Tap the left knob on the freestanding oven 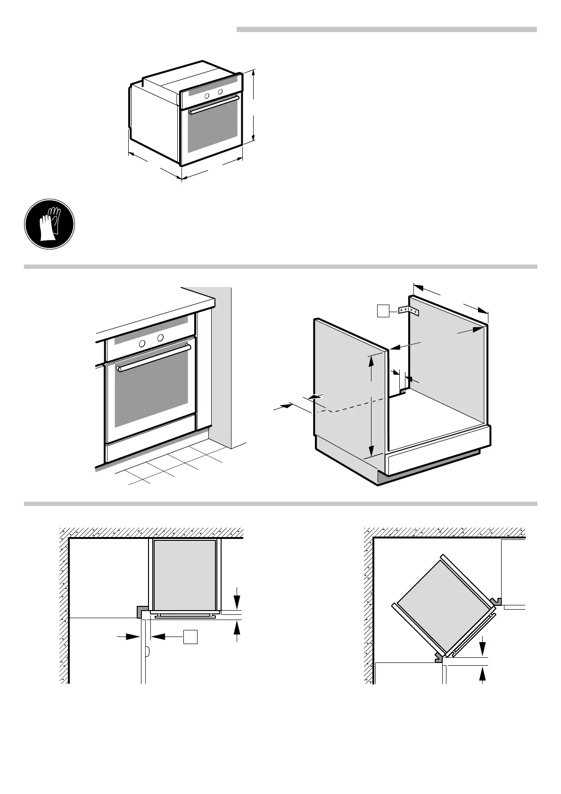[x=207, y=96]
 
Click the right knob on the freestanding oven [x=220, y=91]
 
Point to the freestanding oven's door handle [x=214, y=104]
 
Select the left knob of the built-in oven [x=141, y=344]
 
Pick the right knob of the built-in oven [x=160, y=338]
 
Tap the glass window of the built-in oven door [x=152, y=396]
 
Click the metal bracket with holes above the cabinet [x=409, y=311]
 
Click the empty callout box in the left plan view [x=190, y=637]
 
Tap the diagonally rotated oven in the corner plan [x=441, y=604]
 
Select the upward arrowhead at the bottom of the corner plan [x=482, y=672]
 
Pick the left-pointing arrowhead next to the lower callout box [x=157, y=637]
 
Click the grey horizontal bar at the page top [x=387, y=30]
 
